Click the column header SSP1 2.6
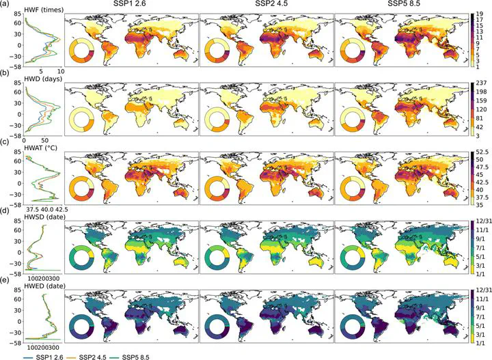(x=131, y=5)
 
